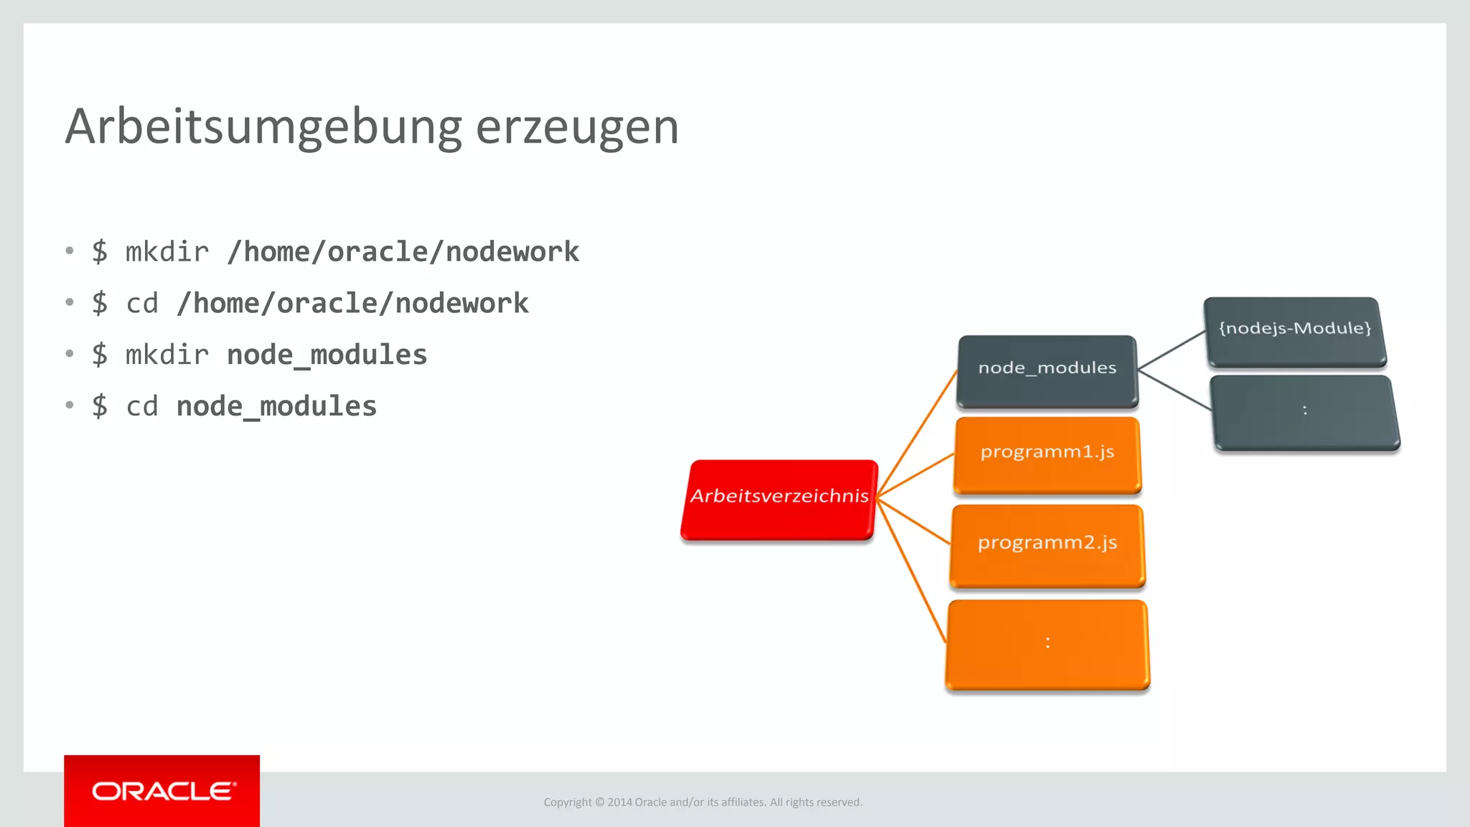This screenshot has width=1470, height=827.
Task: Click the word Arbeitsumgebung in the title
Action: click(263, 127)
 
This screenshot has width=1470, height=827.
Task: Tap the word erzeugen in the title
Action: click(577, 127)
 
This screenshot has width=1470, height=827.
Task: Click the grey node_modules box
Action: click(1047, 370)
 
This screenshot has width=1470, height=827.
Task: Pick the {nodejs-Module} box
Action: click(1295, 330)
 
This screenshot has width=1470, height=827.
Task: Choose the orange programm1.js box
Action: click(1047, 454)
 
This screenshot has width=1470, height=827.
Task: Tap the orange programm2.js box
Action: click(1047, 544)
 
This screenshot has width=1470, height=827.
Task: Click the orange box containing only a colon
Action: click(1047, 644)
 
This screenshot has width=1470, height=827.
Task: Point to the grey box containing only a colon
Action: click(1305, 412)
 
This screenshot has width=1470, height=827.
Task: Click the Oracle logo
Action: click(162, 791)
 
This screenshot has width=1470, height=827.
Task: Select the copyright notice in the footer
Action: click(703, 802)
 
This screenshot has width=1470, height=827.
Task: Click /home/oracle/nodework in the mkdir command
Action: click(403, 252)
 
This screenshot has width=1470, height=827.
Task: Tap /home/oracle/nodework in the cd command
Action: click(352, 304)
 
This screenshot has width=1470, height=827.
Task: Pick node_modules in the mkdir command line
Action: click(327, 355)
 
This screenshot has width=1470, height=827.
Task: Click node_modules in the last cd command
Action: click(276, 407)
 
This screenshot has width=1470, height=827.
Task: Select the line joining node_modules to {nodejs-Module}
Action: click(1171, 350)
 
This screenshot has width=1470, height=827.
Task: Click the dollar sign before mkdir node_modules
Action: click(100, 355)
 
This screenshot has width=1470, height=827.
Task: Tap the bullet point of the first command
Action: click(70, 251)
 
